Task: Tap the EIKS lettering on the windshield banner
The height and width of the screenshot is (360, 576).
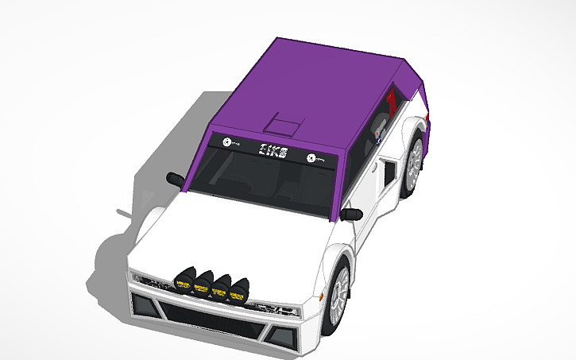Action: (x=273, y=150)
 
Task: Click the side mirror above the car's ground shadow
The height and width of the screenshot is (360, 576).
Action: (x=176, y=177)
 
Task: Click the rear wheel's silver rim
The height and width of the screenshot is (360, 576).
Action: (x=414, y=164)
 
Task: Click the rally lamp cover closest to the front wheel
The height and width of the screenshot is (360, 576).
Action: (x=239, y=290)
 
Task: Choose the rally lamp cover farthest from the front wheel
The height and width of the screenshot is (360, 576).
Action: (x=184, y=281)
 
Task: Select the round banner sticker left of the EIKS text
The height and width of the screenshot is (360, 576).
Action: (x=228, y=143)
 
